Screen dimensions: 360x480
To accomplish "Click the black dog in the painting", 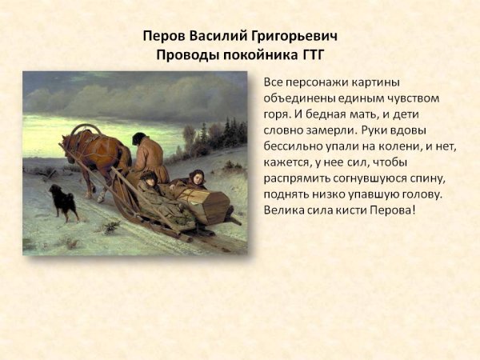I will pos(62,202).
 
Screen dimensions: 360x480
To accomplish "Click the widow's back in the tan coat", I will pos(147,160).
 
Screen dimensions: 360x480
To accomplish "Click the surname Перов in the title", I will pos(162,37).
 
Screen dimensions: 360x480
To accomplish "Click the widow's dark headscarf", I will pos(139,138).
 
